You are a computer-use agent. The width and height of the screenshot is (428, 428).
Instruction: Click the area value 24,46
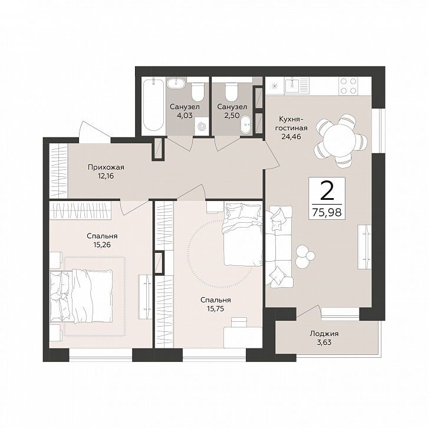tap(291, 136)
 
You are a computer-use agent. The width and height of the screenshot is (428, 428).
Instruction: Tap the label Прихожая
tap(106, 167)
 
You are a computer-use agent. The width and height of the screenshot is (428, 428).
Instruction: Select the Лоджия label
tap(324, 334)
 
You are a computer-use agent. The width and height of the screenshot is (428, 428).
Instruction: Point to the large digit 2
tap(327, 190)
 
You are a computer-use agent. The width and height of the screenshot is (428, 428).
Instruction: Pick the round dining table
tap(339, 140)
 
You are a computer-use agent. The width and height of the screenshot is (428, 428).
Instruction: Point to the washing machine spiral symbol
tap(202, 126)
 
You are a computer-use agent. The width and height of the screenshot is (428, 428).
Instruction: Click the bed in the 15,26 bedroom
tap(81, 296)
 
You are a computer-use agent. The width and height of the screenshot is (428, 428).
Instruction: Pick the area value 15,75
tap(215, 309)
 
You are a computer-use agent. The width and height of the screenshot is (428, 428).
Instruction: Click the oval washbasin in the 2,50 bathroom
tap(247, 125)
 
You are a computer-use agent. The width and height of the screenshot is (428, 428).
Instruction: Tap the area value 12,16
tap(106, 176)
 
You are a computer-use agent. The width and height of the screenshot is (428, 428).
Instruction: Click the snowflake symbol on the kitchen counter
tap(275, 85)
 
